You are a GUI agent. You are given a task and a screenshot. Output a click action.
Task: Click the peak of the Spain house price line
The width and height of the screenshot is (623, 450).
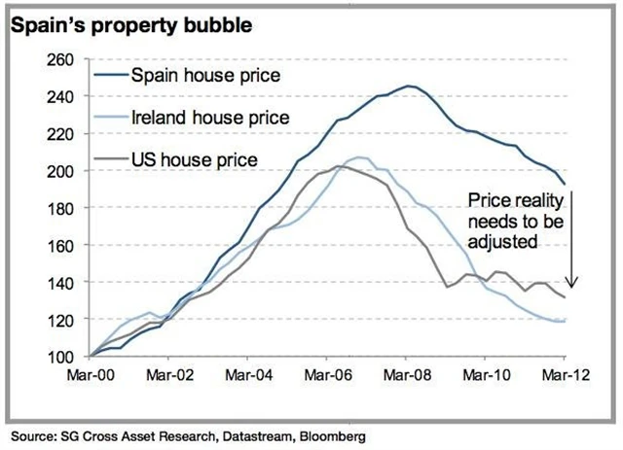410,86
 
